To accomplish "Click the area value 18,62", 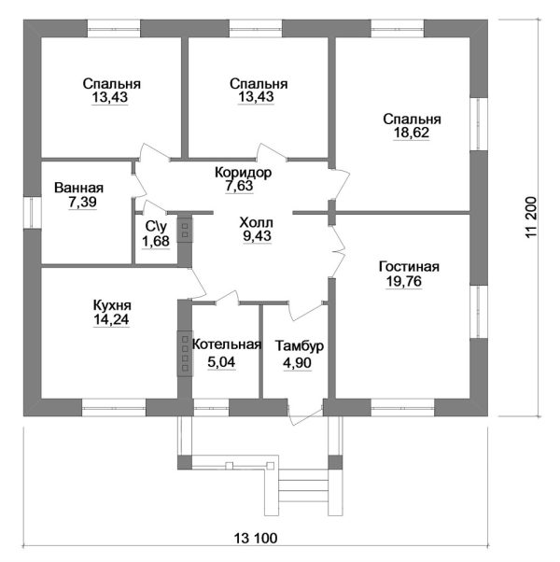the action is [412, 133].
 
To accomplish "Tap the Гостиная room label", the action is [409, 267].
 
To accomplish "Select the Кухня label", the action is [112, 305].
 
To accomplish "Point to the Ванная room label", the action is [78, 188].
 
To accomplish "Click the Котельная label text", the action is [227, 344].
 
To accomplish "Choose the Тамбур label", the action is [300, 345].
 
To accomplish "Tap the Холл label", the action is [256, 222].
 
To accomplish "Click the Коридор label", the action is [244, 173].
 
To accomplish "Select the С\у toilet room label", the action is [156, 226].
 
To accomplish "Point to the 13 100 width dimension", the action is [256, 538].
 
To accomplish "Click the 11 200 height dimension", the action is [532, 217].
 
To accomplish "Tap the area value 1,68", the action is [156, 241].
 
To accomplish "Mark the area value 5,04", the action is [221, 362].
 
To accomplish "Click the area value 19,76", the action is [404, 282].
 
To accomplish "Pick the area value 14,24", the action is [111, 319].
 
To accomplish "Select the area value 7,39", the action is [83, 203].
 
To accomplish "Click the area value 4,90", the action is [298, 363].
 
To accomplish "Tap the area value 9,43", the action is [258, 236].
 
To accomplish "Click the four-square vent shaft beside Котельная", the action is [185, 354].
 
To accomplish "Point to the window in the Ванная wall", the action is [33, 212].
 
